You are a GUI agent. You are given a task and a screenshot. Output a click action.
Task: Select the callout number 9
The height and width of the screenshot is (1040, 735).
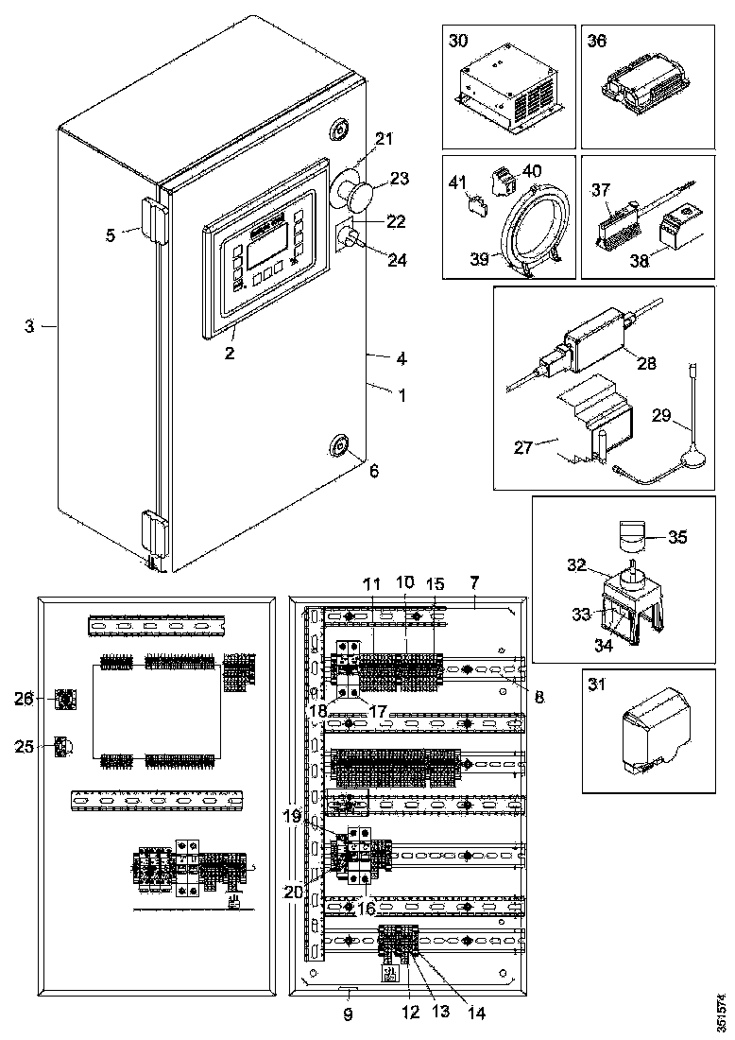[348, 1014]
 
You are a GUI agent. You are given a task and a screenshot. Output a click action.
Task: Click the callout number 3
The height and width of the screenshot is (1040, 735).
[29, 326]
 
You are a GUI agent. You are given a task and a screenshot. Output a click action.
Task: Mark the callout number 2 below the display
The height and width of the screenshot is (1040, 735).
[229, 353]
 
